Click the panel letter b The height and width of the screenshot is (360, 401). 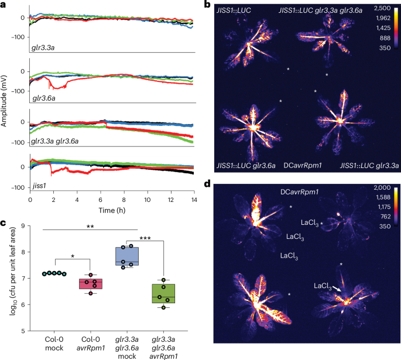coord(207,5)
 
